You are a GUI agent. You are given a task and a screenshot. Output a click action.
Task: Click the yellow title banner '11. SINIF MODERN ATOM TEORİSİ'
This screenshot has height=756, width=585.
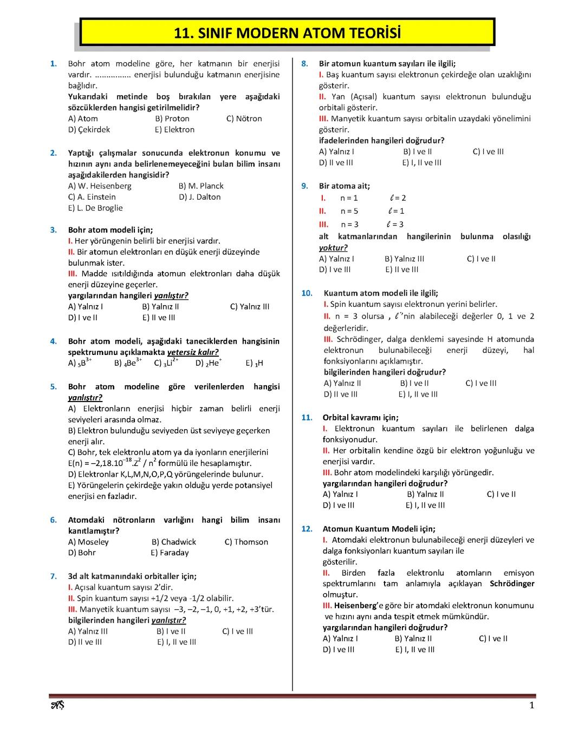pyautogui.click(x=287, y=33)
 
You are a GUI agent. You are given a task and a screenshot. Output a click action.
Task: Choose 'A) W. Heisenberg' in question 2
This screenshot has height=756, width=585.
pyautogui.click(x=100, y=186)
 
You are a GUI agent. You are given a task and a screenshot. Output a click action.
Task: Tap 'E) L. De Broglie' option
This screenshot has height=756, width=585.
pyautogui.click(x=95, y=208)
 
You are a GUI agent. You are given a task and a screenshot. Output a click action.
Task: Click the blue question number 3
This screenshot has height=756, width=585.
pyautogui.click(x=53, y=230)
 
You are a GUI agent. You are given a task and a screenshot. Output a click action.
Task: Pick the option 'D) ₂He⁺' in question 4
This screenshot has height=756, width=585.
pyautogui.click(x=209, y=363)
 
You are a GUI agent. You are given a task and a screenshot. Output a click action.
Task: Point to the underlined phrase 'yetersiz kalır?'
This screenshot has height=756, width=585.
pyautogui.click(x=193, y=352)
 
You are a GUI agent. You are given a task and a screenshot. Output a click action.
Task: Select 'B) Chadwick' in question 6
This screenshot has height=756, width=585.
pyautogui.click(x=174, y=542)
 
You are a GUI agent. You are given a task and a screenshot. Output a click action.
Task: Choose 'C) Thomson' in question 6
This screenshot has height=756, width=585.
pyautogui.click(x=246, y=542)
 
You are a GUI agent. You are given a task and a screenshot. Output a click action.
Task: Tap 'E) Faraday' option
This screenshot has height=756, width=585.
pyautogui.click(x=170, y=553)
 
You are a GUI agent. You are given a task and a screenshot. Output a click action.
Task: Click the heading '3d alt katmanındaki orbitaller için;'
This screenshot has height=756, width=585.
pyautogui.click(x=132, y=576)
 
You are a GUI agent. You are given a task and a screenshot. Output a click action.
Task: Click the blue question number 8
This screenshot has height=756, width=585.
pyautogui.click(x=304, y=64)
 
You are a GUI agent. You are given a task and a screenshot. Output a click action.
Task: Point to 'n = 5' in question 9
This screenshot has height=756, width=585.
pyautogui.click(x=349, y=212)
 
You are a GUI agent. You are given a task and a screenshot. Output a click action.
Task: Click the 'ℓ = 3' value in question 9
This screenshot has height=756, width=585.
pyautogui.click(x=395, y=225)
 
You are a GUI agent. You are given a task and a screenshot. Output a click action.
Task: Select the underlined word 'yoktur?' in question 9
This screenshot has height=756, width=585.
pyautogui.click(x=333, y=248)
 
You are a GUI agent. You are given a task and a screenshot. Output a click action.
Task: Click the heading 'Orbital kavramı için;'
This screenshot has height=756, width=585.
pyautogui.click(x=360, y=418)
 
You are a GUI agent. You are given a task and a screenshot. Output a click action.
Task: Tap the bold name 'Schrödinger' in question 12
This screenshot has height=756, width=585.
pyautogui.click(x=511, y=584)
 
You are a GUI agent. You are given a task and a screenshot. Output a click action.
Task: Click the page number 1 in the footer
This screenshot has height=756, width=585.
pyautogui.click(x=531, y=705)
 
